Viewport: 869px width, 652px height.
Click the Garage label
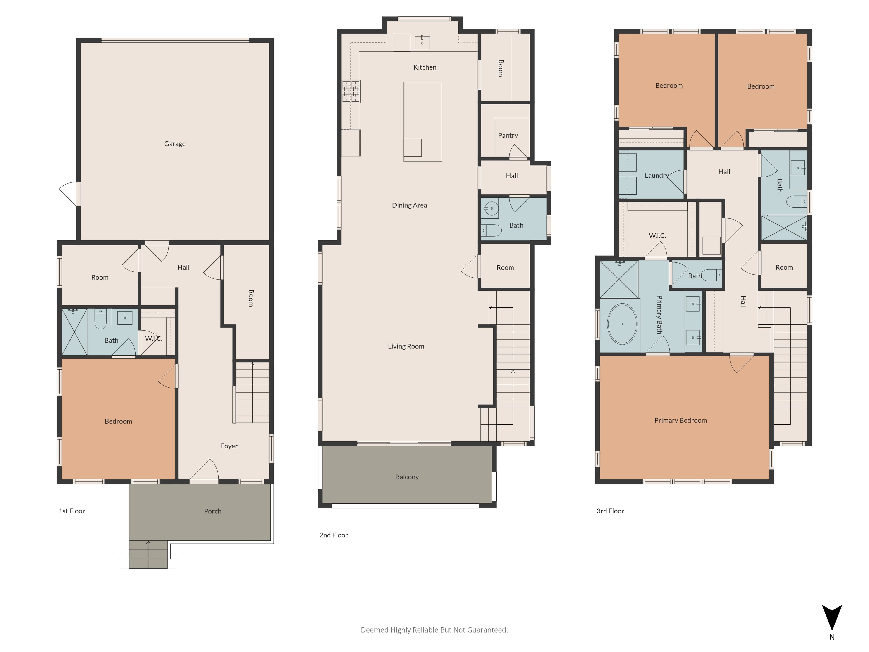tap(175, 144)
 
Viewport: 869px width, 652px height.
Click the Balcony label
tap(407, 477)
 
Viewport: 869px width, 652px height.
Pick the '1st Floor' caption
tap(72, 511)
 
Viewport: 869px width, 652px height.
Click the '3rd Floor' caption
tap(610, 511)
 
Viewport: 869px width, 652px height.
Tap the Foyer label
tap(229, 446)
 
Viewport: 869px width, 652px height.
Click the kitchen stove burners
tap(351, 91)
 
